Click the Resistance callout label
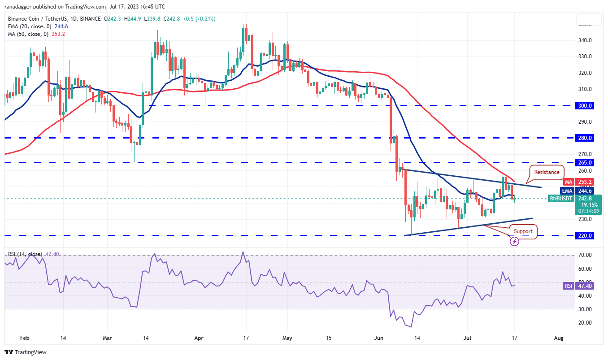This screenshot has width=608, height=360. [547, 172]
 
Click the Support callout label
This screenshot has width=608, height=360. [523, 231]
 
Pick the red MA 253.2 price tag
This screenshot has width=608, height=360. [578, 182]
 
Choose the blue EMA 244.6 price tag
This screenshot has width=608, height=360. [578, 191]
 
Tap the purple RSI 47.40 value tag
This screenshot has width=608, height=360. [578, 286]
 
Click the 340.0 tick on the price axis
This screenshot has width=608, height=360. [586, 40]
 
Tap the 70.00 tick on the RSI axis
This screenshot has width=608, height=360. [586, 255]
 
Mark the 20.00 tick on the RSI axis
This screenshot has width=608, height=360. [586, 323]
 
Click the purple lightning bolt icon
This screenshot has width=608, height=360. [515, 241]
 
